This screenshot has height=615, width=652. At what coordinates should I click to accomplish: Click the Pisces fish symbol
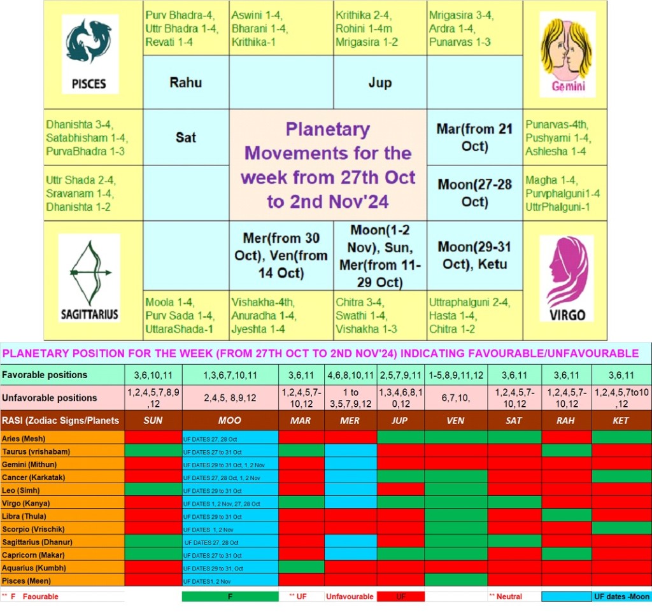pos(89,41)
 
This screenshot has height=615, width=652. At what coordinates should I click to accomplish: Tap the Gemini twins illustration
pos(567,48)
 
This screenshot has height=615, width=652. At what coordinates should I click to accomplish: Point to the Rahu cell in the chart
pos(186,82)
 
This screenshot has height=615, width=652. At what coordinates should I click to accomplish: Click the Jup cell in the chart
pos(380,82)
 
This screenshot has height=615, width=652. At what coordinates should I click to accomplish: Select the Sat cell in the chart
pos(186,138)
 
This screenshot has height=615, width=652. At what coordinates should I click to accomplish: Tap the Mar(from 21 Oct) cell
pos(474,138)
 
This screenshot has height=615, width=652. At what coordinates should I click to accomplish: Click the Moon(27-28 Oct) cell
pos(474,193)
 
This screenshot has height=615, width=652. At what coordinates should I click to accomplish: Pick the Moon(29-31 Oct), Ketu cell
pos(474,255)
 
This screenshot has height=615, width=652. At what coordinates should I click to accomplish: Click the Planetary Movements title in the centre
pos(328,165)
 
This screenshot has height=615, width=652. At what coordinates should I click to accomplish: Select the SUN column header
pos(153,420)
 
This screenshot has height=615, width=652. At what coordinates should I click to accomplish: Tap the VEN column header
pos(455,420)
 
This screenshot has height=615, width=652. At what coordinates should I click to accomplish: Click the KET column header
pos(621,420)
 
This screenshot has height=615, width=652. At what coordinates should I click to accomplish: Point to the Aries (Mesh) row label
pos(24,439)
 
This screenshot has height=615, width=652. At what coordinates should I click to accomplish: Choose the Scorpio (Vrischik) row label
pos(33,529)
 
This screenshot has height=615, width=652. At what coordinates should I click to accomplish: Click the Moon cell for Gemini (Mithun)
pos(230,465)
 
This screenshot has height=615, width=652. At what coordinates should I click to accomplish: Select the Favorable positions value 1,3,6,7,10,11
pos(230,375)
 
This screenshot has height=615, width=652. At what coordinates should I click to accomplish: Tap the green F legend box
pos(230,597)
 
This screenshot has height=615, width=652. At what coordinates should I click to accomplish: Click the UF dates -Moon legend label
pos(621,597)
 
